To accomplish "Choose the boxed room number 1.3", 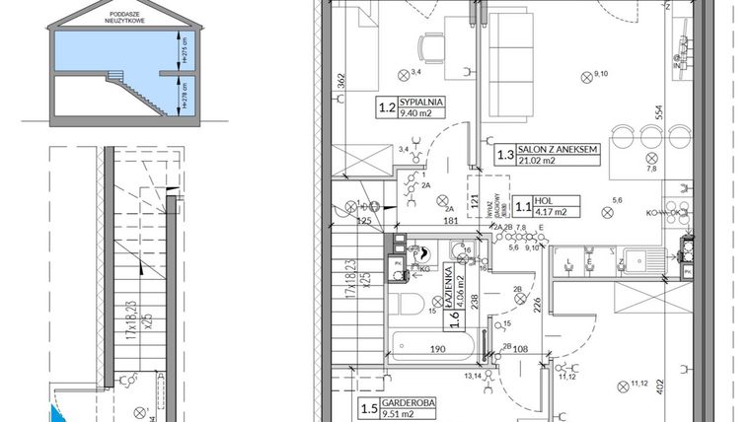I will pos(505,154).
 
